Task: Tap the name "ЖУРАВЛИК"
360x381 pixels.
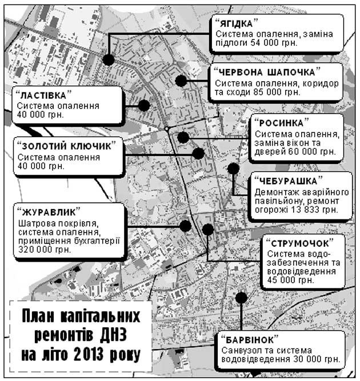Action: pyautogui.click(x=49, y=212)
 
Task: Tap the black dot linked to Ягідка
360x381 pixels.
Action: pyautogui.click(x=109, y=59)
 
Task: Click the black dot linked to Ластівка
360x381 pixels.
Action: pyautogui.click(x=144, y=105)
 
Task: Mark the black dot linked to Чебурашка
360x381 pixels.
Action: pyautogui.click(x=233, y=169)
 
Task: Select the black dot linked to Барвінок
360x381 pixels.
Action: pyautogui.click(x=241, y=298)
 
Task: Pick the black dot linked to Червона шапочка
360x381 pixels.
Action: pyautogui.click(x=181, y=81)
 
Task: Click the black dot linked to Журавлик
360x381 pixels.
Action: pyautogui.click(x=185, y=225)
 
